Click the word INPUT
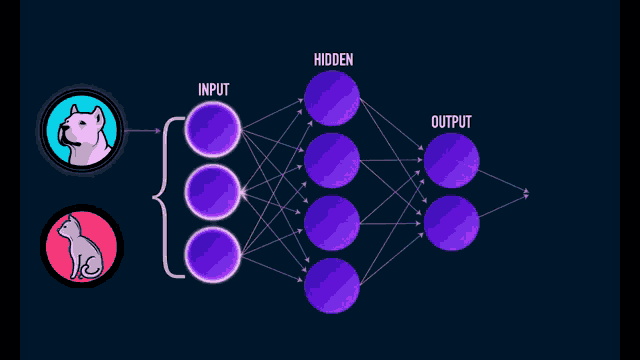coord(213,89)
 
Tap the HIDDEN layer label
coord(333,59)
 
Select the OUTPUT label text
coord(451,122)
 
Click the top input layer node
coord(213,130)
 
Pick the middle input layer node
coord(213,191)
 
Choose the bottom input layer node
coord(213,252)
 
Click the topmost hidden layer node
coord(332,98)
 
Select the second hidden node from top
coord(332,160)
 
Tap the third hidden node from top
coord(332,222)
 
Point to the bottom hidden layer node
coord(332,285)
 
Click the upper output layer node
coord(451,160)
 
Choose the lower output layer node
coord(451,222)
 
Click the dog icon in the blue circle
coord(81,131)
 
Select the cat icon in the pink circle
coord(81,246)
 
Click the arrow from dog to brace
coord(143,130)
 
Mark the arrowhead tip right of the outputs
coord(527,192)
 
